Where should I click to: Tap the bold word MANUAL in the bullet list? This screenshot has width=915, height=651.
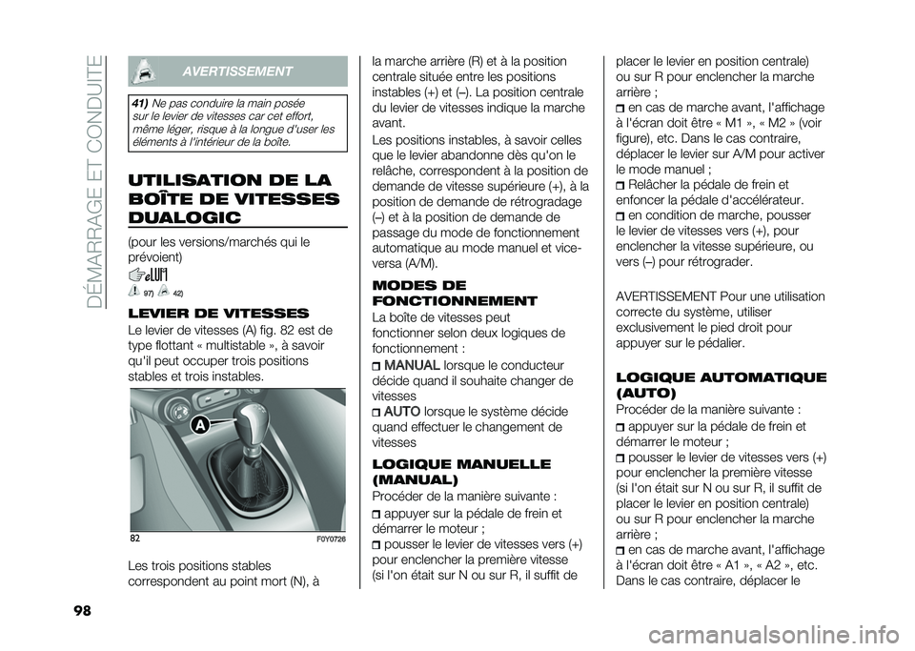412,365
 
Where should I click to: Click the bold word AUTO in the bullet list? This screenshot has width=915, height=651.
402,411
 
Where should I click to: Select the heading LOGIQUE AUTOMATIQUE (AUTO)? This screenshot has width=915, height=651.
721,385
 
